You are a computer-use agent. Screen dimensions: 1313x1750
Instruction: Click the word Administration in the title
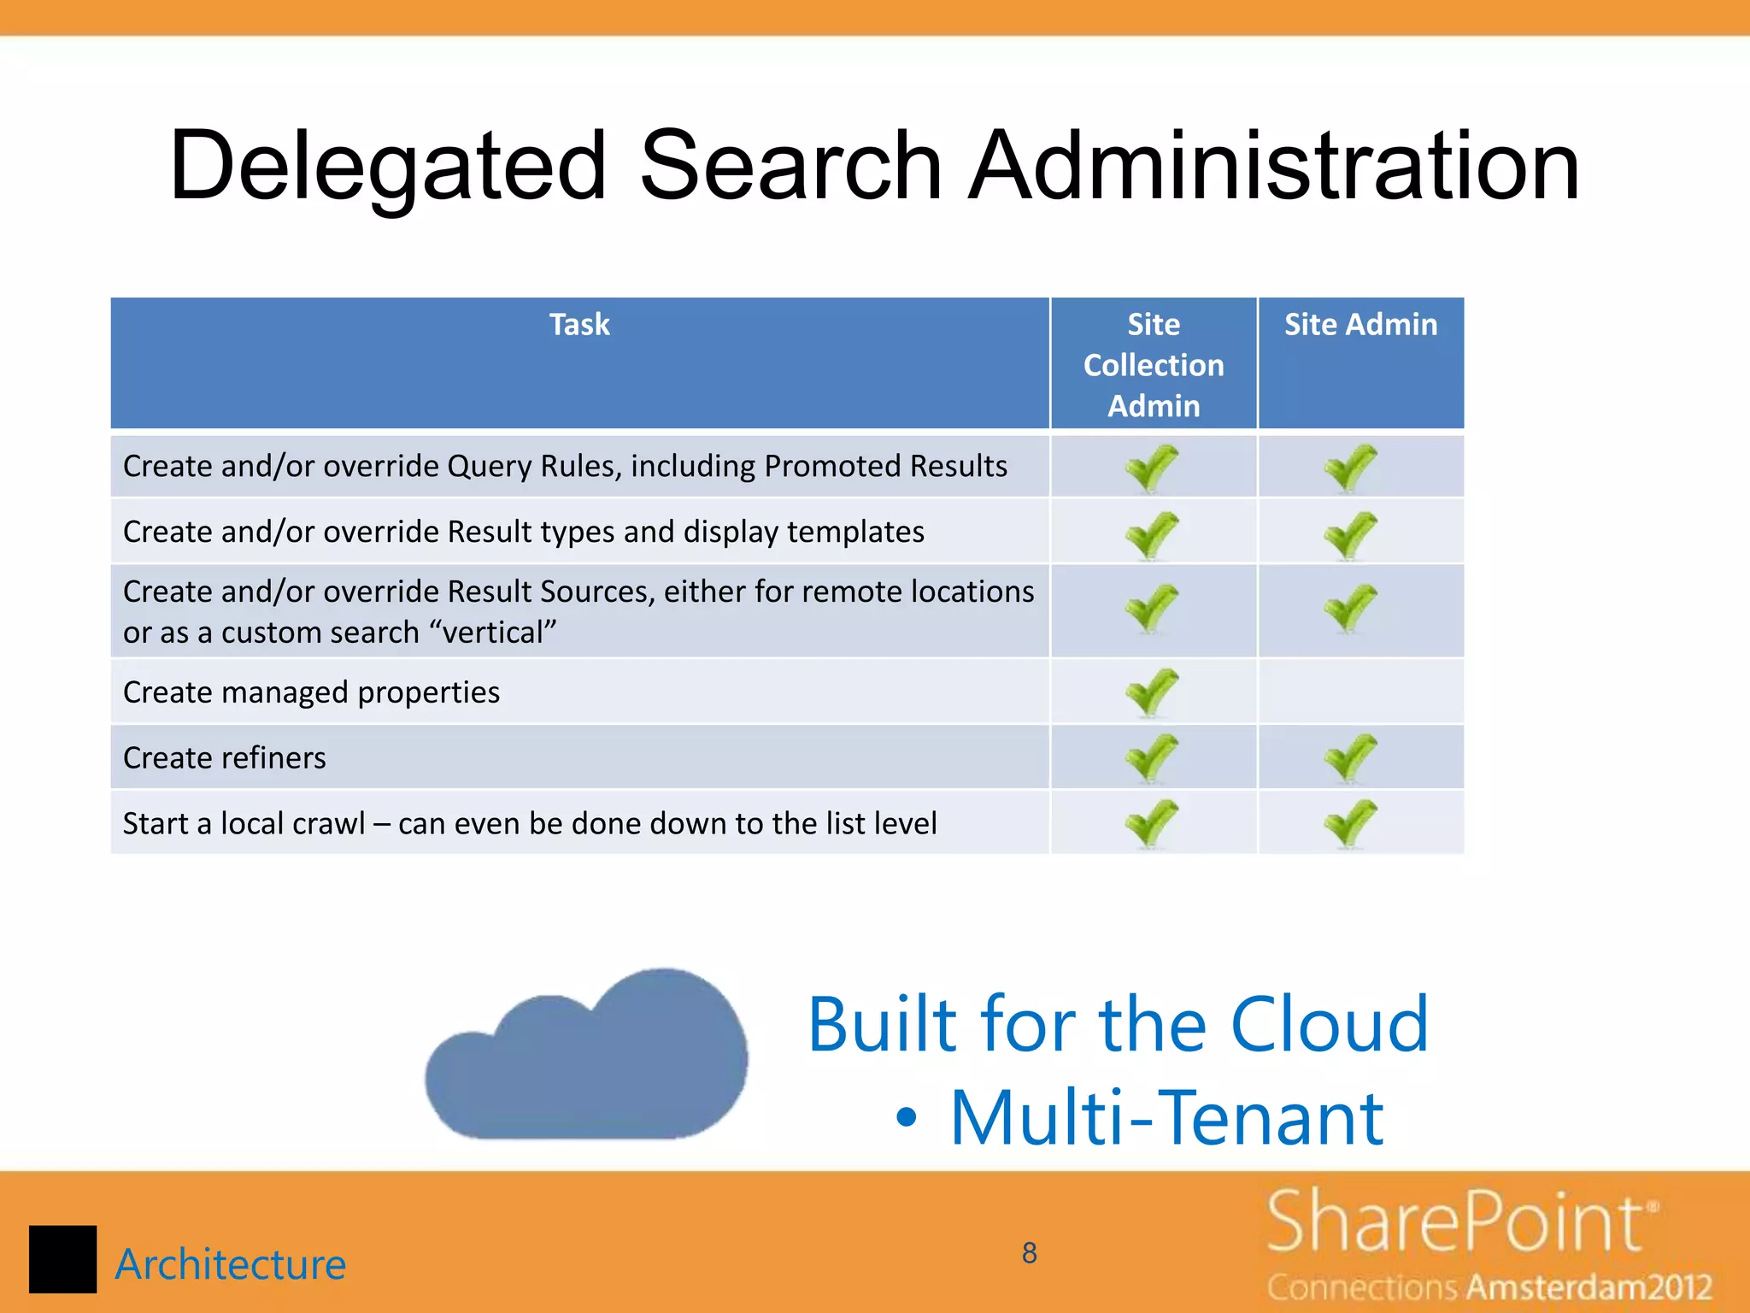click(x=1273, y=167)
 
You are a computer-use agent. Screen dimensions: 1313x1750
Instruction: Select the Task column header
click(x=579, y=325)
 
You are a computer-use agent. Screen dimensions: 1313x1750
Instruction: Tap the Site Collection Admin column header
click(x=1154, y=364)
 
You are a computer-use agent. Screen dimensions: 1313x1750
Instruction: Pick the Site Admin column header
click(x=1360, y=325)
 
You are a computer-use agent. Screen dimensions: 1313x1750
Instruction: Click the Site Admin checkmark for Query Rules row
click(x=1350, y=467)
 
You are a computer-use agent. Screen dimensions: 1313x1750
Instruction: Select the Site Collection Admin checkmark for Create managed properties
click(x=1152, y=691)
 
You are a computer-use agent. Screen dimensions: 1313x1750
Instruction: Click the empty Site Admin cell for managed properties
click(x=1360, y=691)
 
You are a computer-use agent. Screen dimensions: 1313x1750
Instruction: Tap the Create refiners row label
click(x=225, y=758)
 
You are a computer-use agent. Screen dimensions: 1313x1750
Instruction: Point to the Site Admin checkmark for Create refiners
click(x=1350, y=757)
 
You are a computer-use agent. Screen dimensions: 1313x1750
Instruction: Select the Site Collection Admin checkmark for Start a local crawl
click(x=1152, y=822)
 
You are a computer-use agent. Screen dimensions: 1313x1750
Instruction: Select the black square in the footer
click(x=62, y=1259)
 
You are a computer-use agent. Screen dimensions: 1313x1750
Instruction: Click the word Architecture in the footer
click(x=231, y=1264)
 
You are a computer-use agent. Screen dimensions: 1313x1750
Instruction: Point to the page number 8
click(x=1030, y=1253)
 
